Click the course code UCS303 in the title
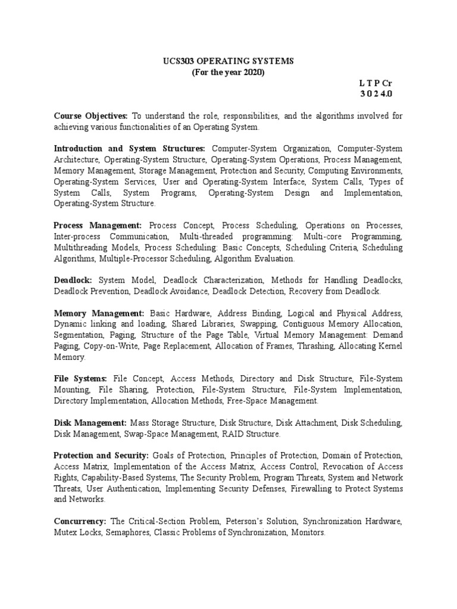coord(178,61)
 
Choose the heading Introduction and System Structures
coord(129,149)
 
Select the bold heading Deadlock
coord(74,280)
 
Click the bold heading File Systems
coord(80,378)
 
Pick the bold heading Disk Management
coord(90,422)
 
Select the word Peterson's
coord(246,521)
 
